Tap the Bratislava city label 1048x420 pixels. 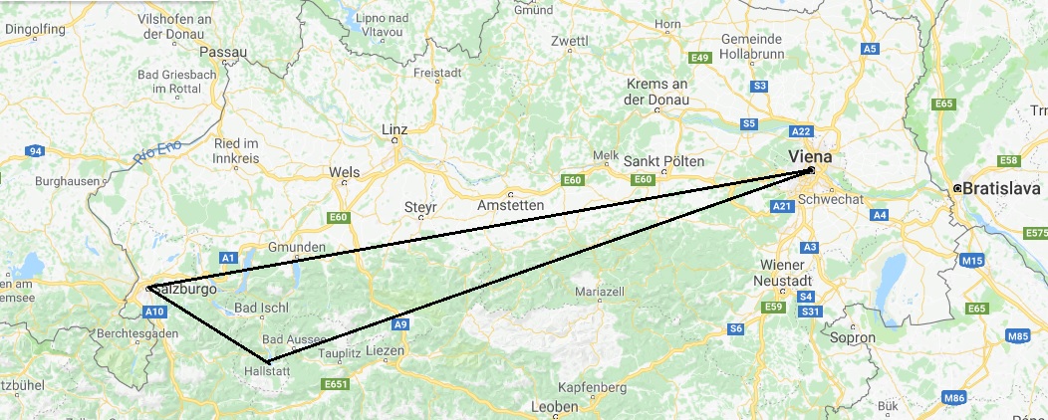(1001, 188)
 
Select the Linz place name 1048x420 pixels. (395, 130)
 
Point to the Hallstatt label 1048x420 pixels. (266, 372)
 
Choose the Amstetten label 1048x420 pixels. (511, 205)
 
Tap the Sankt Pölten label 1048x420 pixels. (670, 161)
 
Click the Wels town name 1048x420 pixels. (344, 172)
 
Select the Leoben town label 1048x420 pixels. (556, 408)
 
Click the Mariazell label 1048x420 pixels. (600, 292)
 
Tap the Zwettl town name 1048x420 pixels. (570, 42)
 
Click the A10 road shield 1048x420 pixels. (154, 312)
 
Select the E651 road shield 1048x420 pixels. (335, 384)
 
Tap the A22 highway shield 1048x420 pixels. (801, 131)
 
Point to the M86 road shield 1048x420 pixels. (954, 398)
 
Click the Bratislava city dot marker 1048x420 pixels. (956, 188)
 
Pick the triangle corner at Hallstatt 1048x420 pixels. (267, 360)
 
